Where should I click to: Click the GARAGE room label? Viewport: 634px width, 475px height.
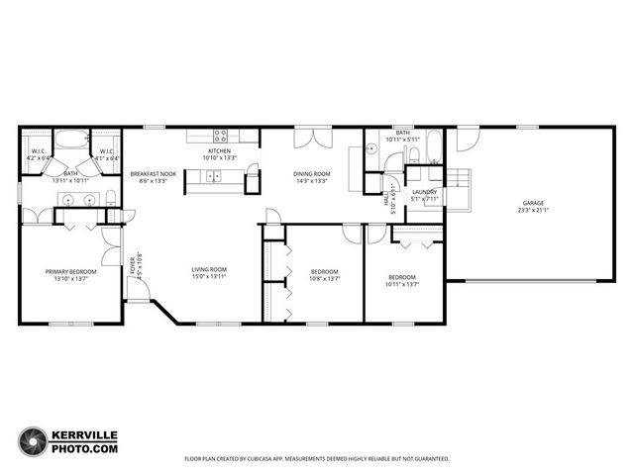[x=533, y=203]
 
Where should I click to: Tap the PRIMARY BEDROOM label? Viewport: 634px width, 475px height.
[x=70, y=271]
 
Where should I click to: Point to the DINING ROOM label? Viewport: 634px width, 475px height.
[x=312, y=174]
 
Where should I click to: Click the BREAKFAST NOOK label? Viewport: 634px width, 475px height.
[x=153, y=174]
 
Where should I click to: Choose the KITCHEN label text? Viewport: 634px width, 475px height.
[x=219, y=150]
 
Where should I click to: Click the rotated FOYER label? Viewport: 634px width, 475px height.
[x=133, y=264]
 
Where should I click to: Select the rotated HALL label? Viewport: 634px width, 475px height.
[x=386, y=199]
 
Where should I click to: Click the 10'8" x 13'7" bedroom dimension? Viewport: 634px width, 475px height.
[x=324, y=279]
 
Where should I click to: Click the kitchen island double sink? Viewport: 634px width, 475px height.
[x=211, y=177]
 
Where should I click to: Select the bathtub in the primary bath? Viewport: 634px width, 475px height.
[x=71, y=141]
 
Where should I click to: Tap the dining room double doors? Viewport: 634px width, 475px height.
[x=312, y=138]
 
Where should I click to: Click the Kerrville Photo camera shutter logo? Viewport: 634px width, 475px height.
[x=35, y=442]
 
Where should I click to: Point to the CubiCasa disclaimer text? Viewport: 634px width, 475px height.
[x=317, y=459]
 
